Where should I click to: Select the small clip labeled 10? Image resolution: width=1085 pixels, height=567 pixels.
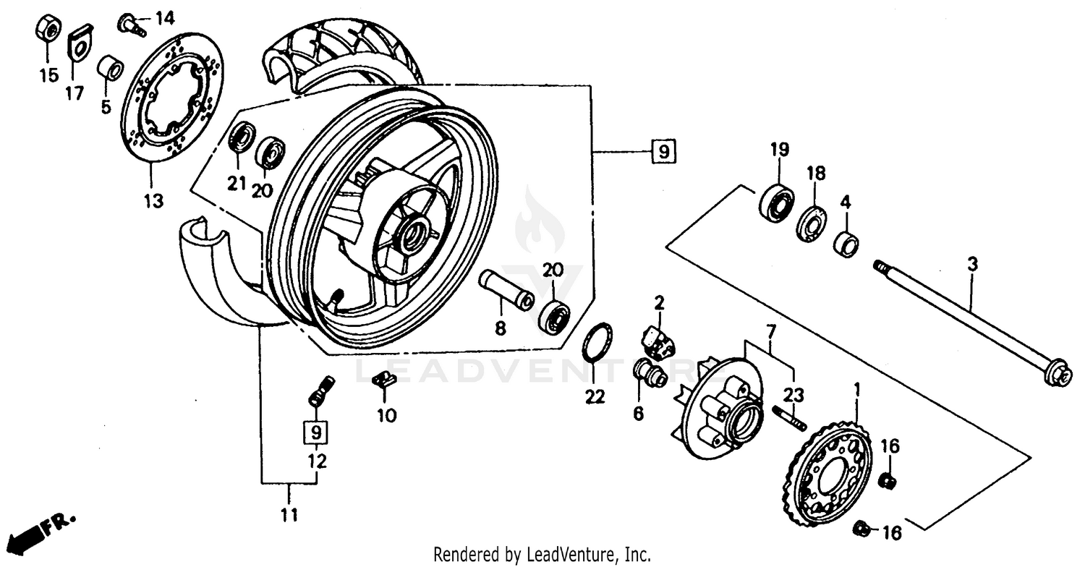[384, 380]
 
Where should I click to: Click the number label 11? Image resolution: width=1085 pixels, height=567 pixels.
[289, 515]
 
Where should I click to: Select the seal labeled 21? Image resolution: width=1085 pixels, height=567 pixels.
[241, 138]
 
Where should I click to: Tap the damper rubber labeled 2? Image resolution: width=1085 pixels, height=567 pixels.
[658, 340]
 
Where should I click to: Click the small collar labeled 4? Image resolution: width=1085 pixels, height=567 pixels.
[847, 243]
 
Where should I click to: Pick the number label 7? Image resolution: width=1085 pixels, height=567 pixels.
[772, 332]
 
